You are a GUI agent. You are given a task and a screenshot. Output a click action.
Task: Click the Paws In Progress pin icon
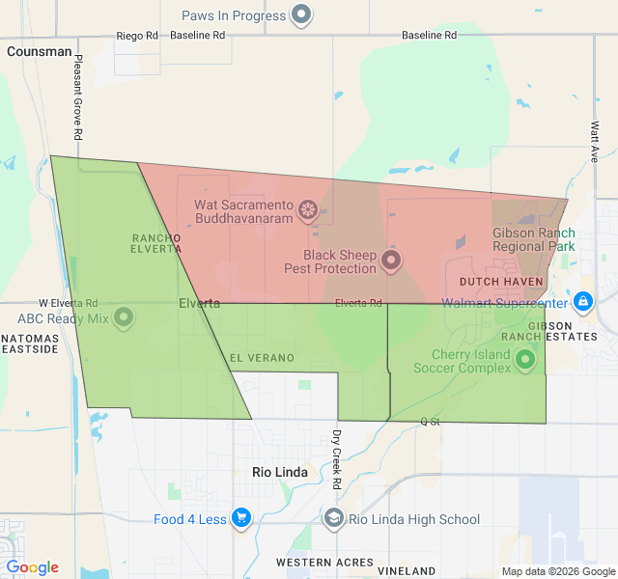pos(302,14)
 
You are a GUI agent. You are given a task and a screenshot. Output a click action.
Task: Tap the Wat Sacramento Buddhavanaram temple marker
pos(308,209)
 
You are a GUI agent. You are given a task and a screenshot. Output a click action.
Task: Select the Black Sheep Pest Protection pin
pos(391,260)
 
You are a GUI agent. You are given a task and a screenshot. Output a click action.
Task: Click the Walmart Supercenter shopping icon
pos(582,302)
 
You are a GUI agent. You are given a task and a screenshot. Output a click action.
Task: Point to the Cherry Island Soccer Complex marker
pos(525,361)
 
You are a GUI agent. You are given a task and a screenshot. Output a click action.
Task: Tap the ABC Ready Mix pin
pos(124,317)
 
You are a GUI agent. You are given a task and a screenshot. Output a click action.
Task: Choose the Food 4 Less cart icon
pos(241,519)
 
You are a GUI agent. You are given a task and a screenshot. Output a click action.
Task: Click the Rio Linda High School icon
pos(334,519)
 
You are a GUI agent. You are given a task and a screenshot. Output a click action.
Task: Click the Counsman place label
pos(39,51)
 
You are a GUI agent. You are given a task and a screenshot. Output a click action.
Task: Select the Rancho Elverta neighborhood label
pos(155,242)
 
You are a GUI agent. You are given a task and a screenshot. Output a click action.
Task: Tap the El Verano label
pos(262,358)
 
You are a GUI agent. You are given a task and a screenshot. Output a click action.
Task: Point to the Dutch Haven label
pos(501,282)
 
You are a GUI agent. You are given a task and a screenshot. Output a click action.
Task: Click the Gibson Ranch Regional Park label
pos(534,239)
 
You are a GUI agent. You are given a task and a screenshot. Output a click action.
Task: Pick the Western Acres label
pos(324,562)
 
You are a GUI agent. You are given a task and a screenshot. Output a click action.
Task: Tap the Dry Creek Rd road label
pos(337,457)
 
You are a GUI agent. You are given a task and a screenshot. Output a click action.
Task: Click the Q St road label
pos(430,422)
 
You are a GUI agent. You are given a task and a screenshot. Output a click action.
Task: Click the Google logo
pos(33,567)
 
